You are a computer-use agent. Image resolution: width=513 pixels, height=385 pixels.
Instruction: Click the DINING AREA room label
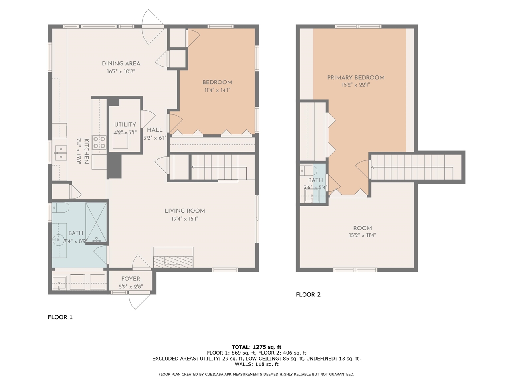tap(121, 63)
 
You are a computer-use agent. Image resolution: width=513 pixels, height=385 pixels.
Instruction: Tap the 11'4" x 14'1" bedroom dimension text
tap(217, 90)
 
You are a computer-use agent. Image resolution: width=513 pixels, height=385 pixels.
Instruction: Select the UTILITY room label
tap(125, 124)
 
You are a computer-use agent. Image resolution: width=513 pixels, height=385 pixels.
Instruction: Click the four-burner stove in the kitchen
tap(99, 143)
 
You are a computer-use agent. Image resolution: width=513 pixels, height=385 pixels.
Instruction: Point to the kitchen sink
tap(61, 153)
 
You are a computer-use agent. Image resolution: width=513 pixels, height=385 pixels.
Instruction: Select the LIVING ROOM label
tap(185, 211)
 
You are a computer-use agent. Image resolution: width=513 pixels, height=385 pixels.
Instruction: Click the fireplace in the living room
tap(173, 261)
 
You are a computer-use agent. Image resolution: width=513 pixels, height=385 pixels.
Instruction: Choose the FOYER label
tap(131, 279)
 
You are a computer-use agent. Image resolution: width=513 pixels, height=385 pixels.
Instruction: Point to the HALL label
tap(155, 130)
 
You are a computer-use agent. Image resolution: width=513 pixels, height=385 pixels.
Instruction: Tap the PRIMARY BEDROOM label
tap(355, 77)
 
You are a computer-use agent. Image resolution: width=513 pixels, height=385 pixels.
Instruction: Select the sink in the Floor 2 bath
tap(311, 197)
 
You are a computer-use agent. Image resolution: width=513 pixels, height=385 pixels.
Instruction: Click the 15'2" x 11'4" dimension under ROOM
tap(362, 235)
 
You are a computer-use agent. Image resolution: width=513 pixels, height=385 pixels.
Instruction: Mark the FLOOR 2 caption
tap(308, 294)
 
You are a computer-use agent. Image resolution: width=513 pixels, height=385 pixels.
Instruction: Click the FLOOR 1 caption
tap(60, 317)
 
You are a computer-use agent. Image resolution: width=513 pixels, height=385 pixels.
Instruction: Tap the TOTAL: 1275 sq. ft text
tap(256, 347)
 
